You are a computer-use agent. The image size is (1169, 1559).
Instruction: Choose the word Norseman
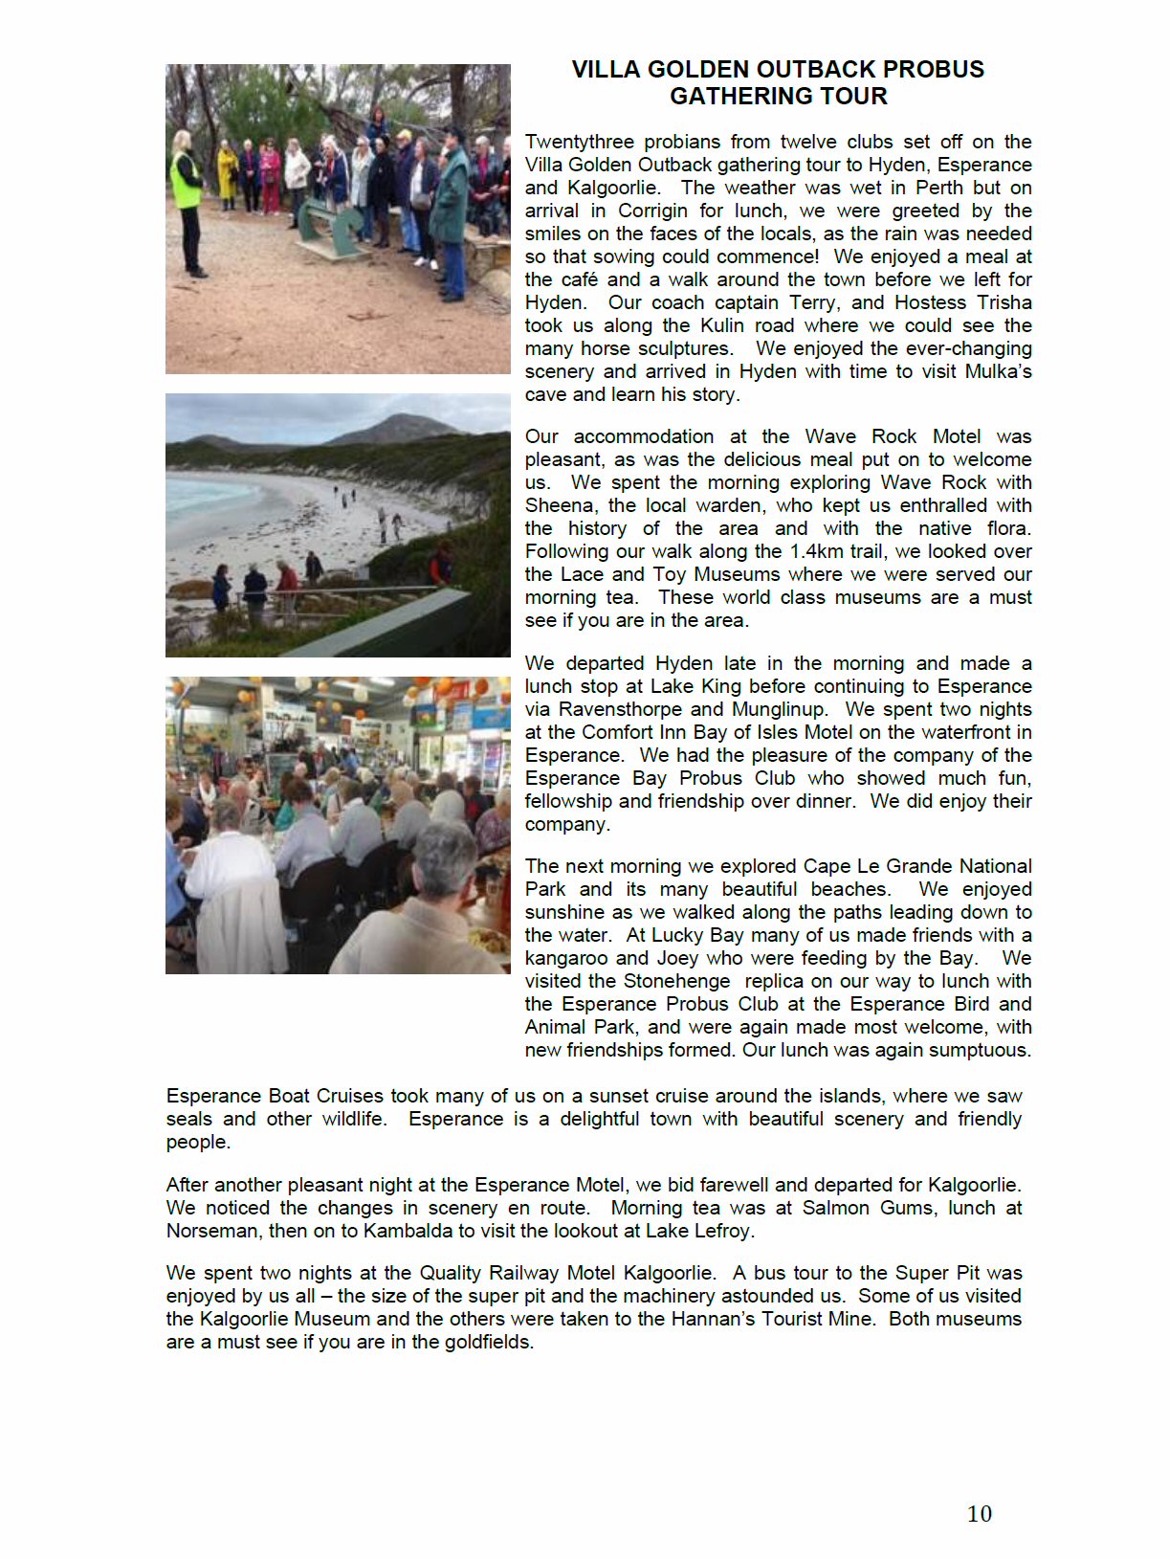[x=211, y=1232]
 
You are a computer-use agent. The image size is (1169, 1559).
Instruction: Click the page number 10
[x=979, y=1514]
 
